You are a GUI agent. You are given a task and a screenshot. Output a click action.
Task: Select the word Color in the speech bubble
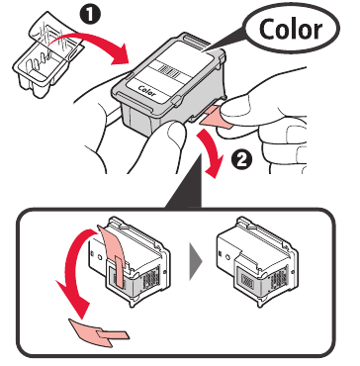[293, 30]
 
